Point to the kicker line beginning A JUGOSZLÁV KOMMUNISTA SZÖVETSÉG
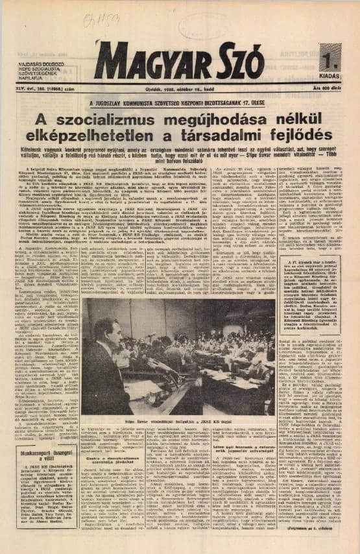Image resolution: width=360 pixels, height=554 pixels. [x=181, y=102]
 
